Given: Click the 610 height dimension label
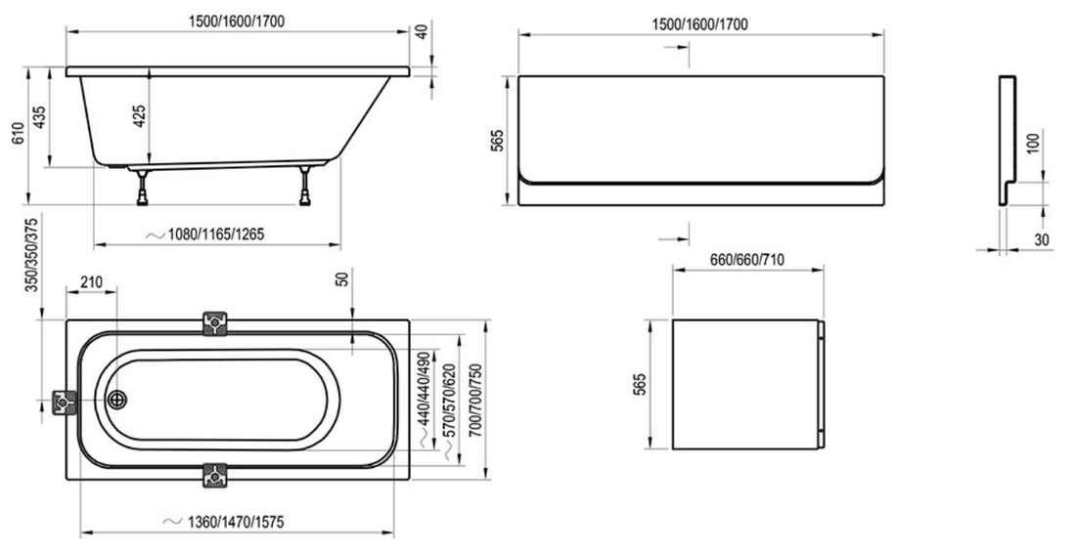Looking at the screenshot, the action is (18, 135).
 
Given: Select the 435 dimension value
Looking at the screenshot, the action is (39, 118).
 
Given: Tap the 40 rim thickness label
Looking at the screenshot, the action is (422, 31).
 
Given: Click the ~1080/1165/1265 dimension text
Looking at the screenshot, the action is (205, 235).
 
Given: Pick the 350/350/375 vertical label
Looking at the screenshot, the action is (31, 254).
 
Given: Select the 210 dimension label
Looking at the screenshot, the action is (91, 282).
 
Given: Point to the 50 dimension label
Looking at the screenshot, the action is (343, 277).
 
